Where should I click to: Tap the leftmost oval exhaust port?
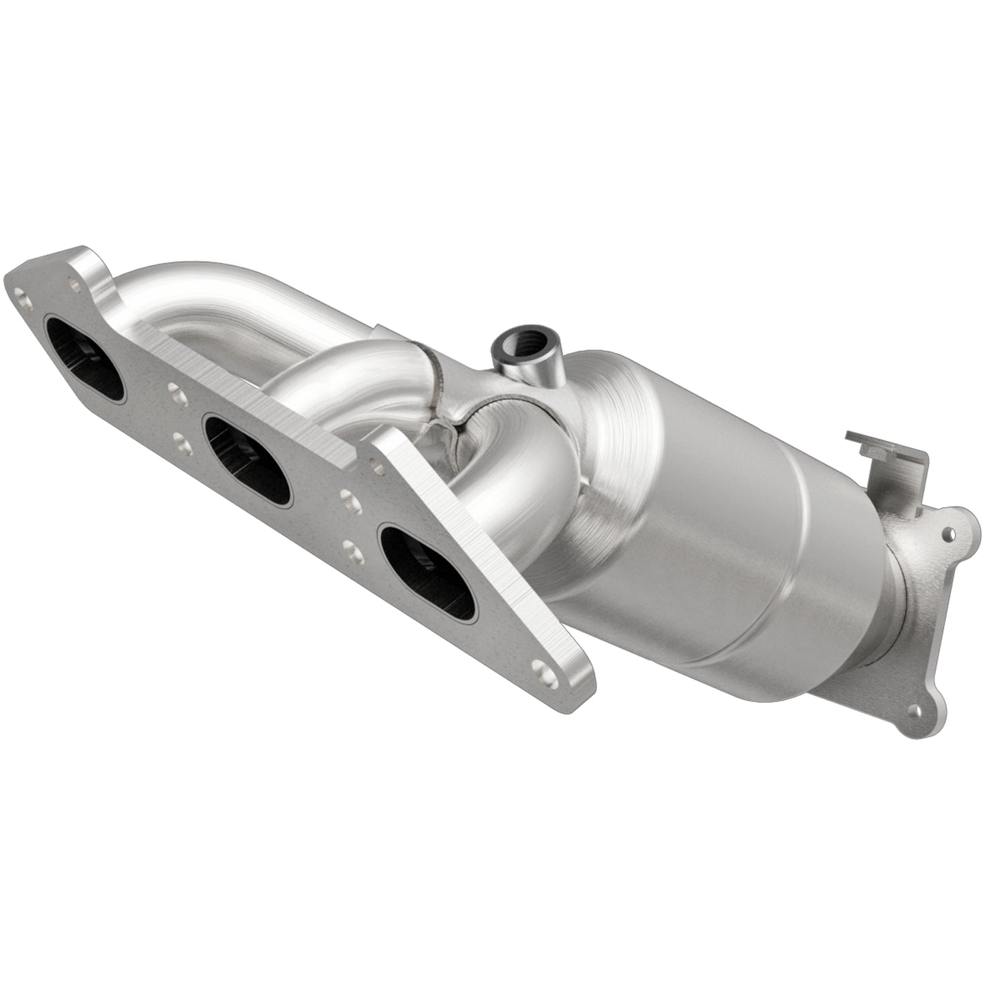pyautogui.click(x=85, y=358)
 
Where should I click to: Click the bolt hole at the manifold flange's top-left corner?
pyautogui.click(x=25, y=297)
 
